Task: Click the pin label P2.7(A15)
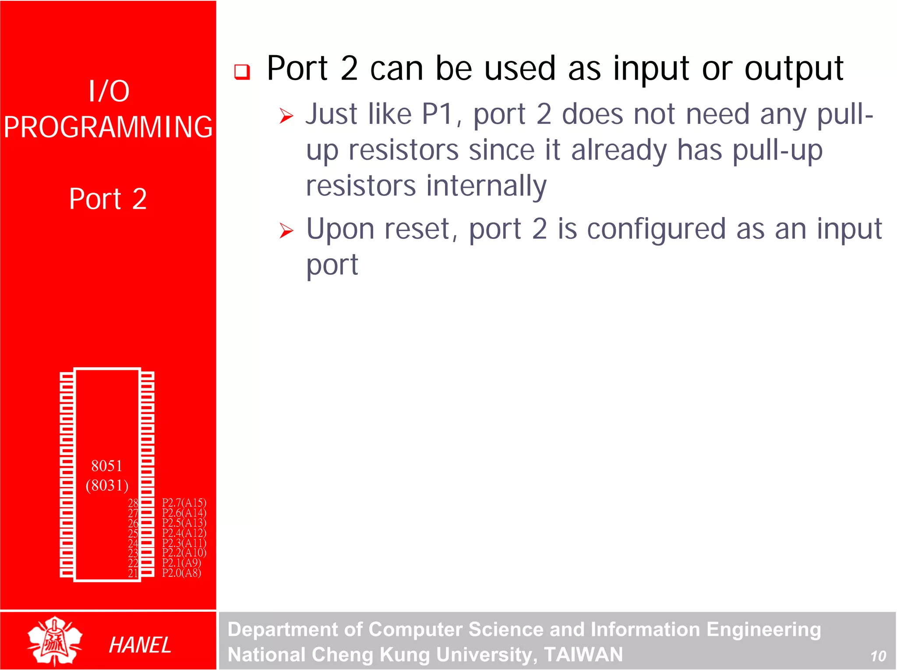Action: [x=184, y=502]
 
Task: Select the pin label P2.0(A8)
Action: [x=181, y=573]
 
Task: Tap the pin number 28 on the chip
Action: [x=133, y=503]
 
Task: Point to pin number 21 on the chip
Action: [x=133, y=573]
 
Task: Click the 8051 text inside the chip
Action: [x=106, y=466]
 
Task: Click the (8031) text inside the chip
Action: [x=107, y=485]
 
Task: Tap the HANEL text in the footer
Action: [x=140, y=645]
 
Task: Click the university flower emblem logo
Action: [x=55, y=641]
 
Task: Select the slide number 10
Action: [x=878, y=656]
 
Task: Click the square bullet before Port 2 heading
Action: [x=242, y=72]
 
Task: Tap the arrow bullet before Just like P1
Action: [x=286, y=116]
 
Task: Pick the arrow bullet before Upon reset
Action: [x=286, y=231]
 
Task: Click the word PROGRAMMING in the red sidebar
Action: [x=108, y=127]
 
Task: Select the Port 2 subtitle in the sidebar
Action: [x=108, y=199]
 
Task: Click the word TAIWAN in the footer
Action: [x=583, y=655]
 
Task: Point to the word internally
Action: [x=486, y=186]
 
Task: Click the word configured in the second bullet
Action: [x=656, y=229]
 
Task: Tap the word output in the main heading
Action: [x=794, y=69]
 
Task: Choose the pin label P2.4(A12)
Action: [x=184, y=533]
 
